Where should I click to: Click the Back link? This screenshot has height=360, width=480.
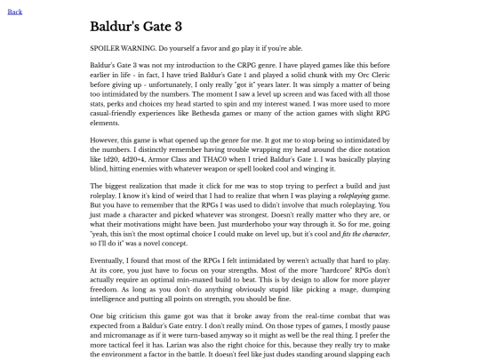point(14,12)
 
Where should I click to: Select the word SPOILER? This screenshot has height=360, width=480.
point(108,47)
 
